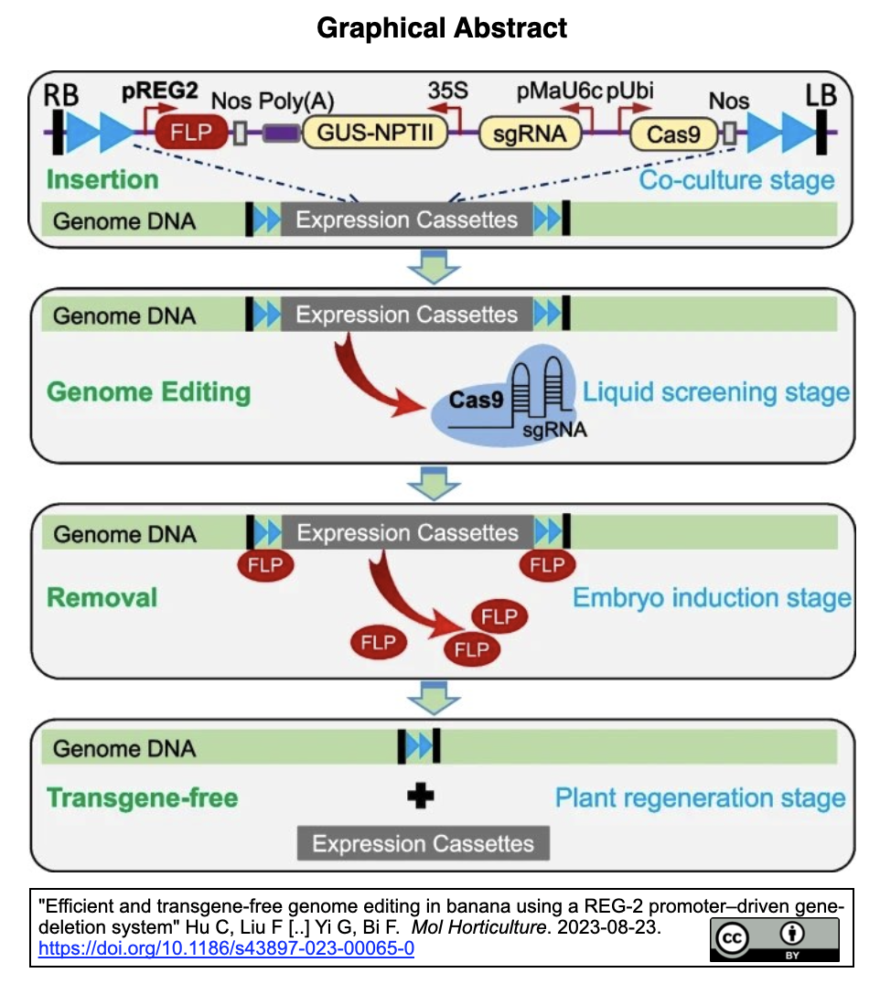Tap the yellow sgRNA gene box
[531, 134]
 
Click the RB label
[62, 93]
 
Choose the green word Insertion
[102, 178]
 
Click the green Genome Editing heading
[148, 392]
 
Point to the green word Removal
[102, 598]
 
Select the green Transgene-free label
[142, 797]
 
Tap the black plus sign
[420, 797]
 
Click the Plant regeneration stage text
[700, 797]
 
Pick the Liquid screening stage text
[716, 393]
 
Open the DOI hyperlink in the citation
[226, 948]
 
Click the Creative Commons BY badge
[774, 939]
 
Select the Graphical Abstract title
[442, 27]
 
